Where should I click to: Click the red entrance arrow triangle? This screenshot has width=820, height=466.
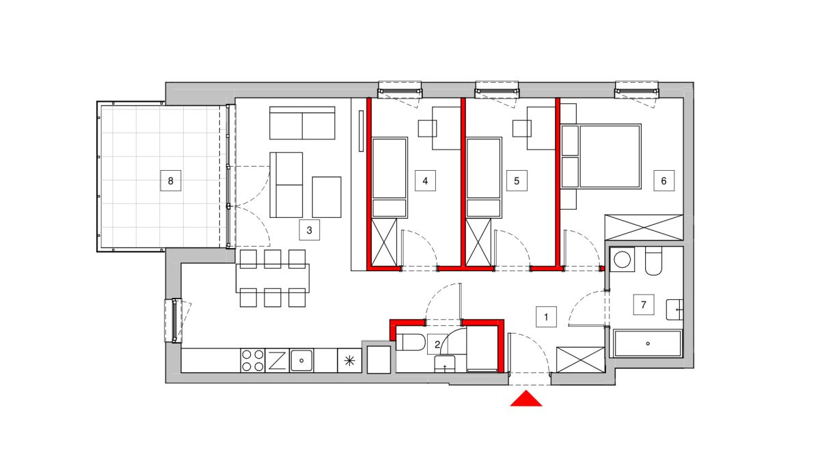(x=526, y=399)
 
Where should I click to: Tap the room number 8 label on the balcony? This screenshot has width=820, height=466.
(x=171, y=180)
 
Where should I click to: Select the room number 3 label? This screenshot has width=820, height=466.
(x=310, y=230)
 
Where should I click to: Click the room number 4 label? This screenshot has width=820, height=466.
(x=425, y=180)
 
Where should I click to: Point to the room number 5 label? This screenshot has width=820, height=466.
(x=517, y=180)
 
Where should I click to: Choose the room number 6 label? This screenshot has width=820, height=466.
(x=664, y=180)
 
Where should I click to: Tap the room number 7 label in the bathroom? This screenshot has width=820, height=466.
(x=644, y=304)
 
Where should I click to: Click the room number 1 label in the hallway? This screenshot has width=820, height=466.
(x=546, y=316)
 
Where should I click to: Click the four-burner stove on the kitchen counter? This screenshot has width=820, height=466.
(x=253, y=361)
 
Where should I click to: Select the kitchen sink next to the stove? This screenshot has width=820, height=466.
(x=301, y=361)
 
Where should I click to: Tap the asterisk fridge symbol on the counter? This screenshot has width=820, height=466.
(x=350, y=361)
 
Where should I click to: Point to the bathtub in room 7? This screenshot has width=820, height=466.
(x=648, y=344)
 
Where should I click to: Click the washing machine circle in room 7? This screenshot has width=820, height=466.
(x=622, y=260)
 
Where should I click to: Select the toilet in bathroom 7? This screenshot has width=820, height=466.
(x=653, y=261)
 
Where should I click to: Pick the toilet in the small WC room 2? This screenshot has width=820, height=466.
(x=411, y=342)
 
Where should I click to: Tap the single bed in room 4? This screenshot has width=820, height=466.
(x=389, y=178)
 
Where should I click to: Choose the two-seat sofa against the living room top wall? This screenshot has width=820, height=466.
(x=302, y=123)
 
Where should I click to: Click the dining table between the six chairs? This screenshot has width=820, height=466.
(x=273, y=278)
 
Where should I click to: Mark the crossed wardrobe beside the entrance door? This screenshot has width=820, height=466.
(x=581, y=360)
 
